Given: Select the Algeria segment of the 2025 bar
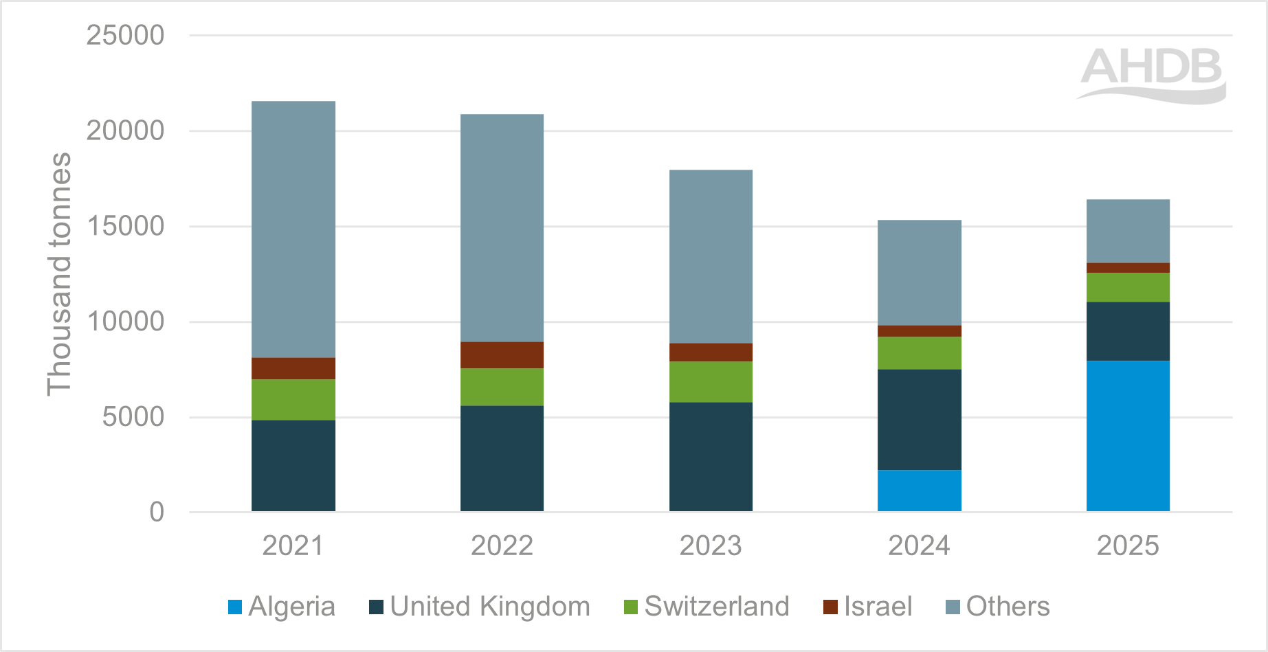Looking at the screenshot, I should pos(1128,436).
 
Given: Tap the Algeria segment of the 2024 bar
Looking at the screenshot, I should pos(919,491).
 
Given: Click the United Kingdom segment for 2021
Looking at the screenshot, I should pos(293,465).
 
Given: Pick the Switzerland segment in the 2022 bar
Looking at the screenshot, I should pos(502,387).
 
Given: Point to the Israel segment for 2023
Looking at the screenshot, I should pos(711,352).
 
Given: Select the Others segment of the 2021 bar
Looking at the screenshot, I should pos(293,229).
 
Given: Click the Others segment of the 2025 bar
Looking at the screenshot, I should pos(1128,231).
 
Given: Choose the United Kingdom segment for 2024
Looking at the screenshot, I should pos(919,420).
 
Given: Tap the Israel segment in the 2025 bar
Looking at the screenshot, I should pos(1128,268).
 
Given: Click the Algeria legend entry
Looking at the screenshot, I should pos(282,607).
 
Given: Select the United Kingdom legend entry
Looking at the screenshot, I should pos(480,607).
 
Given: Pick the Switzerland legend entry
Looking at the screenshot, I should pos(707,607).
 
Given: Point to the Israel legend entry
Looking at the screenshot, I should pos(868,607).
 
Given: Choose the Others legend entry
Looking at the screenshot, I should pos(998,607).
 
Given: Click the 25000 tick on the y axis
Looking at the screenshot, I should pos(125,35).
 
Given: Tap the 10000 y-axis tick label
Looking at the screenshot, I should pos(125,322).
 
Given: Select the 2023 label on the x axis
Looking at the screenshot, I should pos(711,546).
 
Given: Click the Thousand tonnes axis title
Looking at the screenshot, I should pos(59,274).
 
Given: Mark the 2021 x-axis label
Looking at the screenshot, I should pos(293,546).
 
